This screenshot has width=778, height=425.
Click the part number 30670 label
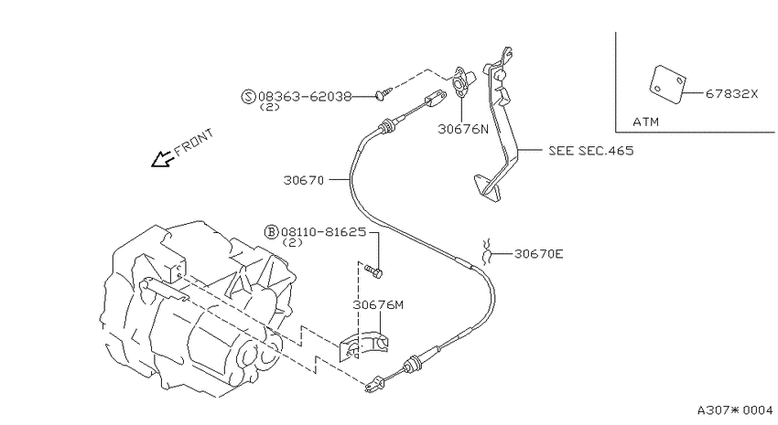pyautogui.click(x=304, y=180)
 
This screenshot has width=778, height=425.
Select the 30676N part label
pyautogui.click(x=463, y=129)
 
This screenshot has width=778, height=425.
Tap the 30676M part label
pyautogui.click(x=378, y=305)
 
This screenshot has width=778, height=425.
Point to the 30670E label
pyautogui.click(x=539, y=254)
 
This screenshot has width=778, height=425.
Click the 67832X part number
pyautogui.click(x=732, y=93)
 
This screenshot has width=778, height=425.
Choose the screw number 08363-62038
pyautogui.click(x=305, y=96)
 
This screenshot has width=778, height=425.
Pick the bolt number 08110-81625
pyautogui.click(x=323, y=232)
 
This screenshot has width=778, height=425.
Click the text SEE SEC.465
pyautogui.click(x=591, y=151)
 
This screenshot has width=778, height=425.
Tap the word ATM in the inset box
pyautogui.click(x=645, y=122)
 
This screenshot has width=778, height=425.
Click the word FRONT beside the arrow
pyautogui.click(x=194, y=143)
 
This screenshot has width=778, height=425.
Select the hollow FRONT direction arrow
pyautogui.click(x=162, y=158)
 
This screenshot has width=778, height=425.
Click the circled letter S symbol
pyautogui.click(x=249, y=96)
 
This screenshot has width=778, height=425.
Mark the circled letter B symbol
pyautogui.click(x=272, y=232)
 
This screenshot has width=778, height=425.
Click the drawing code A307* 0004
pyautogui.click(x=735, y=410)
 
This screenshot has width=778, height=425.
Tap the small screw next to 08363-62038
pyautogui.click(x=385, y=92)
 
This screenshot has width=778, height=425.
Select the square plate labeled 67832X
pyautogui.click(x=668, y=84)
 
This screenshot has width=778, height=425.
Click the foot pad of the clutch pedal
pyautogui.click(x=488, y=187)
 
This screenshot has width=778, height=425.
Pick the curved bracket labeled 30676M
pyautogui.click(x=364, y=345)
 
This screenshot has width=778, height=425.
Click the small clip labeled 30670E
pyautogui.click(x=487, y=251)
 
